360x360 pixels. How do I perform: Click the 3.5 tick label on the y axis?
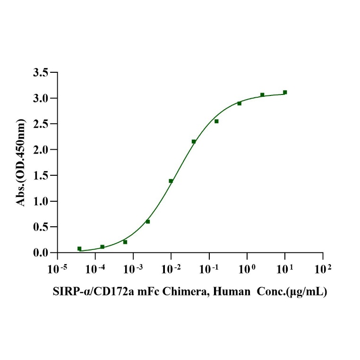tap(41, 73)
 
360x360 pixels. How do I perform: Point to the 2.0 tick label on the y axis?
tap(41, 150)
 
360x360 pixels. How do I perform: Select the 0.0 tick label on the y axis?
tap(41, 253)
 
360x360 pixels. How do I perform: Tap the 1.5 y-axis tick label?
tap(41, 176)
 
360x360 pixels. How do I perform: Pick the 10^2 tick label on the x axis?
tap(323, 269)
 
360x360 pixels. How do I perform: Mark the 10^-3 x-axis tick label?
tap(133, 269)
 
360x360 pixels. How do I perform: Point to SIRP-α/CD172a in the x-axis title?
tap(83, 292)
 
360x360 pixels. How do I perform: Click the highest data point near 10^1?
tap(285, 92)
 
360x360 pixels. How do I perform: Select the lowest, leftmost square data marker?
tap(79, 249)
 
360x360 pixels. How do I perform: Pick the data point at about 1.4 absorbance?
tap(171, 181)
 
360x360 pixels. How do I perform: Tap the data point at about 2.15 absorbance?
tap(194, 141)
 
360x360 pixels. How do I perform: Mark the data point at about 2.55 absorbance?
tap(216, 121)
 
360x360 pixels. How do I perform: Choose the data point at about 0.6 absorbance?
tap(148, 221)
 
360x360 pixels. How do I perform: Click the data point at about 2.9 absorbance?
tap(239, 103)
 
